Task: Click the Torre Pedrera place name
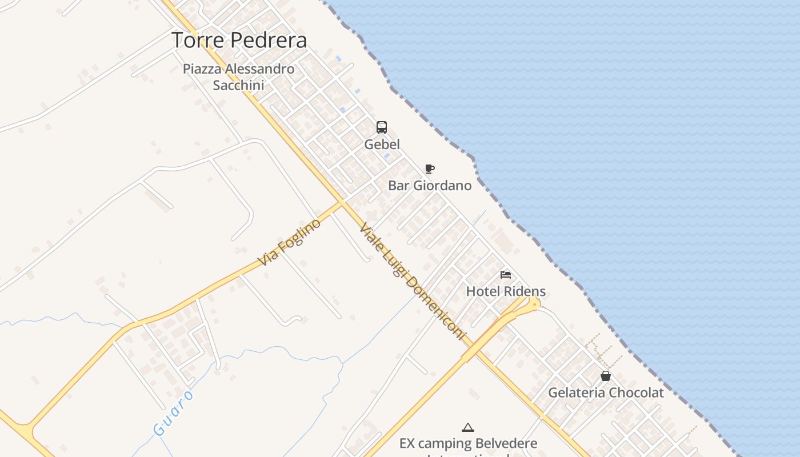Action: (x=239, y=41)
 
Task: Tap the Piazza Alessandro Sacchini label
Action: (x=239, y=77)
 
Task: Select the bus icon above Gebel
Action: (x=382, y=127)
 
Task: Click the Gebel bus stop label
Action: (x=382, y=145)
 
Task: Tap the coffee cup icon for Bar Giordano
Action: (x=430, y=169)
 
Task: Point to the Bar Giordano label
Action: (x=430, y=186)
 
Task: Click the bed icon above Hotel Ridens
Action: (x=506, y=275)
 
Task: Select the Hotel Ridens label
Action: (x=506, y=291)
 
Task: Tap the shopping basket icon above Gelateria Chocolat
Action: (x=606, y=376)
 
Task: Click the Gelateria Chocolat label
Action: (x=606, y=393)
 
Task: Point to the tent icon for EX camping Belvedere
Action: (x=468, y=427)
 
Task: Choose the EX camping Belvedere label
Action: (x=468, y=444)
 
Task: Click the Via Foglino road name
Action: (x=289, y=242)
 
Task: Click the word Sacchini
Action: (x=238, y=86)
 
